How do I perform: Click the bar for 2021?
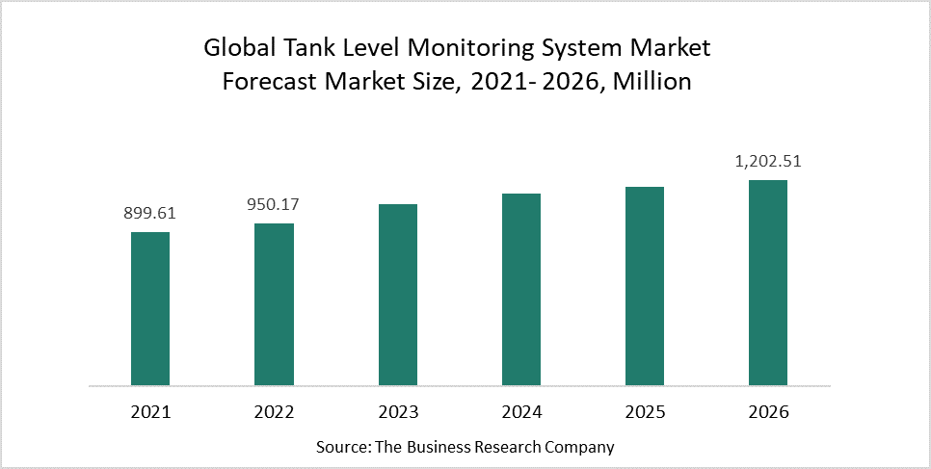(x=150, y=308)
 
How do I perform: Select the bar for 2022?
(x=274, y=304)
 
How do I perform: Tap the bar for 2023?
(x=398, y=295)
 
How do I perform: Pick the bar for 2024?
(x=521, y=289)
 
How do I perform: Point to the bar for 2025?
(x=645, y=286)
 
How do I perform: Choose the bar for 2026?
(x=768, y=282)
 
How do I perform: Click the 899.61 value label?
(x=150, y=213)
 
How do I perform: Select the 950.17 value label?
(x=274, y=204)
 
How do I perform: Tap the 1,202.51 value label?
(x=768, y=162)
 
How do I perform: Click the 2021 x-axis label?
(x=150, y=412)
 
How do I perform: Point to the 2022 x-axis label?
(x=274, y=412)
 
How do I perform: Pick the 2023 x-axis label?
(x=398, y=412)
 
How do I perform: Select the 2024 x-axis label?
(x=521, y=412)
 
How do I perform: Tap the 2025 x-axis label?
(x=645, y=412)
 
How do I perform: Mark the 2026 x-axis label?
(x=768, y=412)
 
